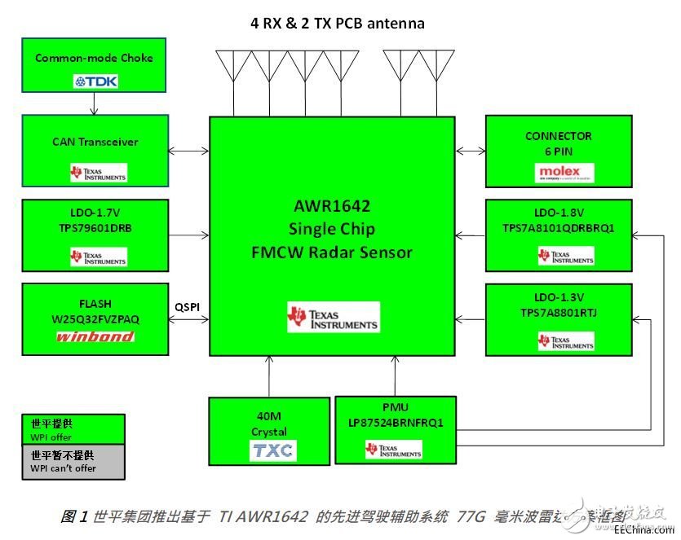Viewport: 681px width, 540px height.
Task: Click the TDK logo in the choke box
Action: tap(95, 81)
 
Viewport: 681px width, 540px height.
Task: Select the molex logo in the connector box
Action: tap(559, 173)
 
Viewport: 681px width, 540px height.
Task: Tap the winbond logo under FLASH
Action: tap(95, 336)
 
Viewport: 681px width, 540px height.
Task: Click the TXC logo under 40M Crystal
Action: tap(272, 450)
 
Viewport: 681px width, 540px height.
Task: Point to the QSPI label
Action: tap(188, 307)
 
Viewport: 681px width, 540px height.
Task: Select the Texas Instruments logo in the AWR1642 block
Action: tap(333, 317)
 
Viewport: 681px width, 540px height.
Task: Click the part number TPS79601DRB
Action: tap(95, 229)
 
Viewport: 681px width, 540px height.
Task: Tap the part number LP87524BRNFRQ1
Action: tap(395, 423)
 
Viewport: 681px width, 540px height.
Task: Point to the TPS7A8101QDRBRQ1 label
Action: tap(559, 229)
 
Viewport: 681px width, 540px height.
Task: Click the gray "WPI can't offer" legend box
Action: tap(73, 462)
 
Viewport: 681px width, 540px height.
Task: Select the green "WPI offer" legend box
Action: tap(73, 430)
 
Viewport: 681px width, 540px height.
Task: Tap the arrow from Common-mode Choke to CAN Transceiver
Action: tap(95, 103)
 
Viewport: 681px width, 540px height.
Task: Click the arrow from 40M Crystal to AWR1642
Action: tap(269, 376)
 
